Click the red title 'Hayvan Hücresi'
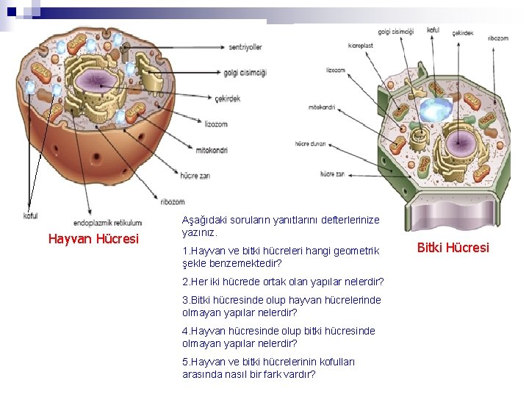tap(93, 238)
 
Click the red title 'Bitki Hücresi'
tap(453, 248)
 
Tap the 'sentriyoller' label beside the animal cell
tap(245, 47)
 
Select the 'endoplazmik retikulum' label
tap(108, 223)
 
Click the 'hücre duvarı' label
tap(310, 143)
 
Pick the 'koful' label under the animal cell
tap(30, 215)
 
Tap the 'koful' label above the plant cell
tap(433, 30)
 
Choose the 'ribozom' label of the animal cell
tap(173, 201)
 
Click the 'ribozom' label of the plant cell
tap(497, 37)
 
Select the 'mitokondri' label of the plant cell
tap(322, 107)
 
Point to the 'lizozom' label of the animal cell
tap(216, 124)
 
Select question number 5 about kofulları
tap(250, 368)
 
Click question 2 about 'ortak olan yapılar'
tap(283, 282)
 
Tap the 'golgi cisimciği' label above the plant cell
tap(395, 32)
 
